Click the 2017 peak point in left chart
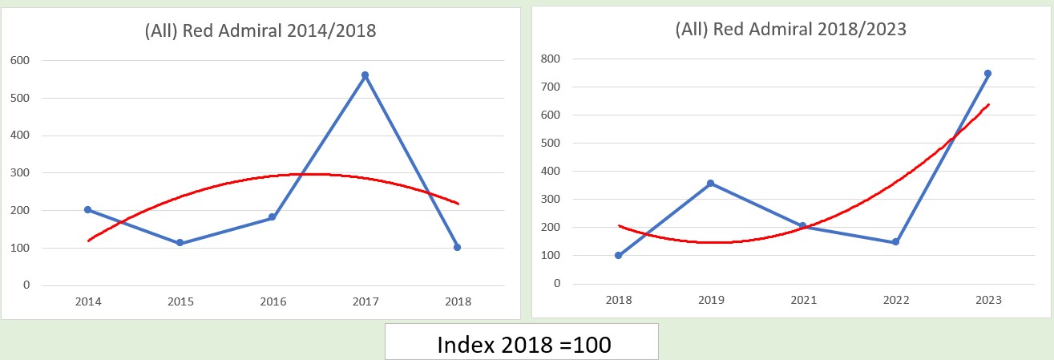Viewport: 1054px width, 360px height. [x=365, y=75]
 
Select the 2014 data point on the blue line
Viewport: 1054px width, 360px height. [x=88, y=210]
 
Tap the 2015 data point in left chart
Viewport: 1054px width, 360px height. [x=180, y=243]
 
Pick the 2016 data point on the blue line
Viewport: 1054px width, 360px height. [x=273, y=217]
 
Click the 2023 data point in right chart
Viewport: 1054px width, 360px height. [x=987, y=73]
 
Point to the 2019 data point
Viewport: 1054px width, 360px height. [x=711, y=184]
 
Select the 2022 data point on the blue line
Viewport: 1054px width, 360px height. [x=895, y=241]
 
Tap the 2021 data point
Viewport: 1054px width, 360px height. [x=803, y=226]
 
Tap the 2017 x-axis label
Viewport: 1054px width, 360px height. [x=365, y=302]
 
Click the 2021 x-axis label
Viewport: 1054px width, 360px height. [x=803, y=301]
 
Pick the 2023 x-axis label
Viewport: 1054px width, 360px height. [x=987, y=301]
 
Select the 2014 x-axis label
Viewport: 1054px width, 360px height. [x=88, y=302]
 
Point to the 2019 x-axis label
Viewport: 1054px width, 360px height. [x=711, y=301]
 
